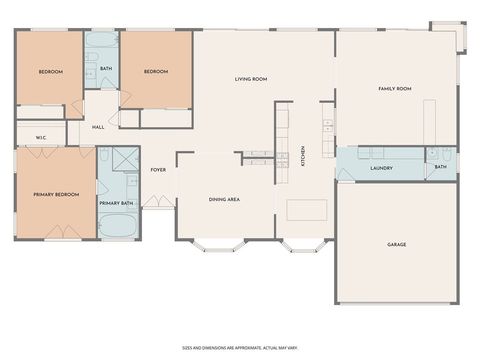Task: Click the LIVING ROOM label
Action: coord(250,79)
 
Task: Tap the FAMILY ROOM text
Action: coord(394,89)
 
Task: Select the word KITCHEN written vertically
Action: coord(303,156)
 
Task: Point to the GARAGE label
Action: coord(397,244)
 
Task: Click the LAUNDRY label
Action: coord(381,168)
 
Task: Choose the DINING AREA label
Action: coord(224,199)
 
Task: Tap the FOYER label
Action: coord(158,170)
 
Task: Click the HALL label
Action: coord(98,127)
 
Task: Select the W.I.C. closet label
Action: coord(41,137)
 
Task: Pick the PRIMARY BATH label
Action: coord(116,203)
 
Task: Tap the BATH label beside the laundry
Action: coord(440,167)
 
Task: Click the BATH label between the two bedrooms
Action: coord(106,68)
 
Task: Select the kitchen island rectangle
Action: coord(307,210)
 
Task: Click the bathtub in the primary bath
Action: coord(117,224)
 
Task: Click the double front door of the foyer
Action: coord(156,202)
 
